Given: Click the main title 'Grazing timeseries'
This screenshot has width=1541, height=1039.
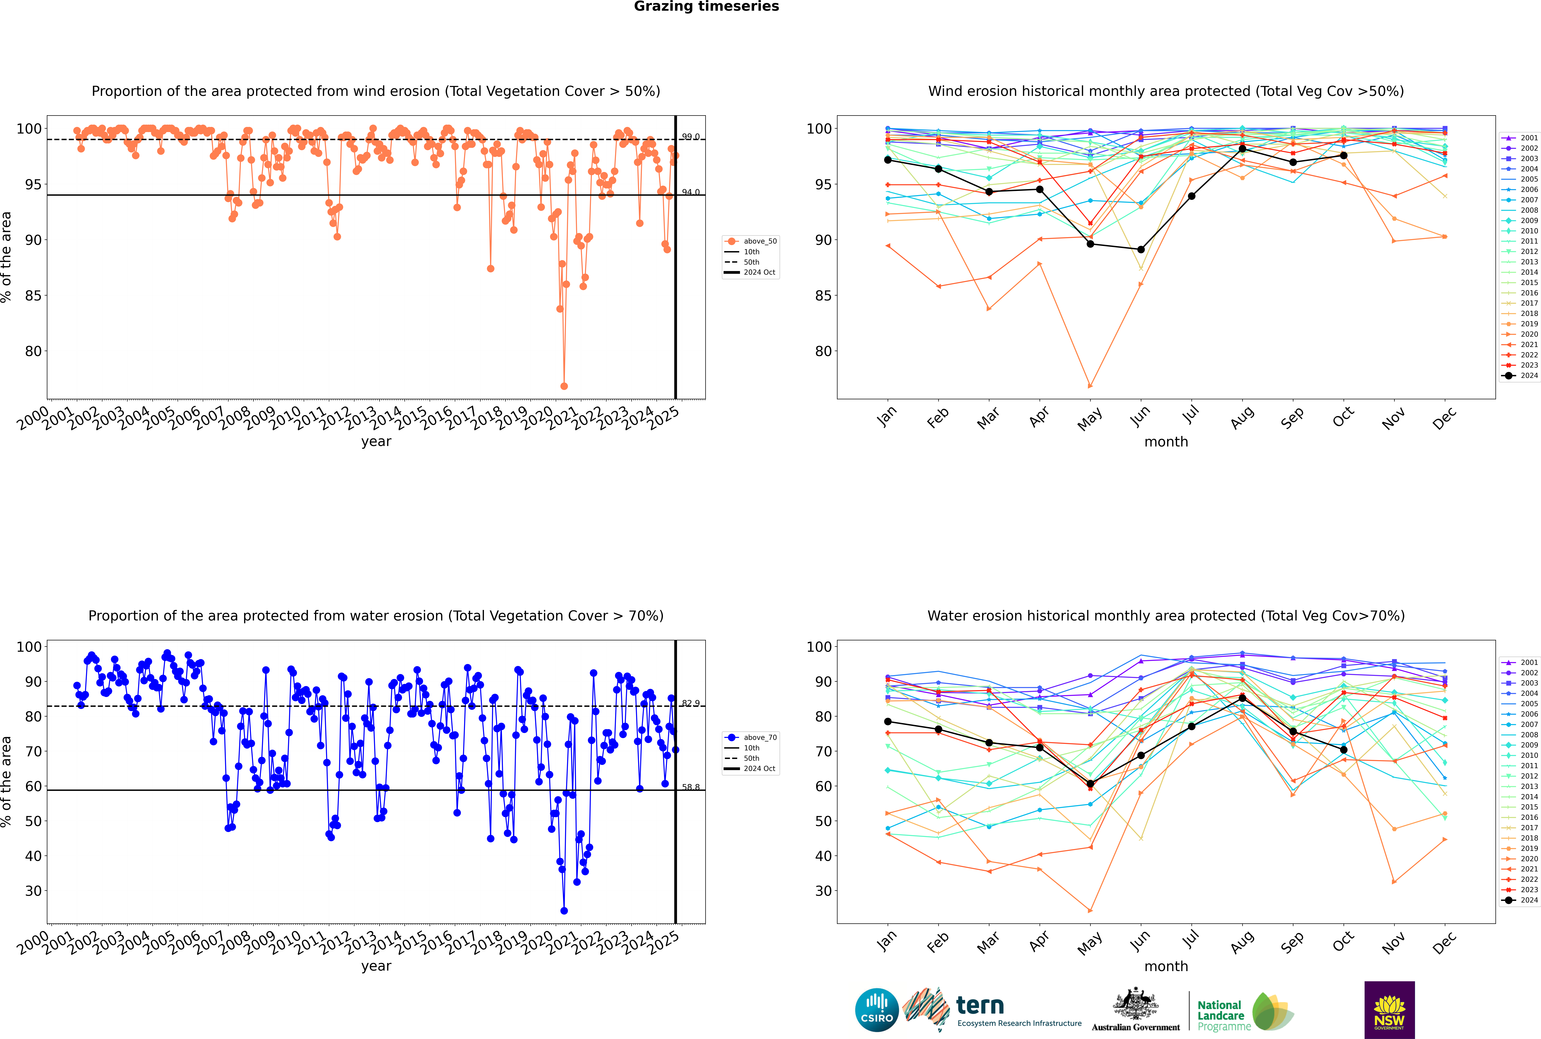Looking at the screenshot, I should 706,7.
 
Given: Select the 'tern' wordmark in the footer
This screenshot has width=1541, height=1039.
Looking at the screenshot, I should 980,1006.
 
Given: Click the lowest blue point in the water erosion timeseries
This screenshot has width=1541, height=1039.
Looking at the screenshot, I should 564,910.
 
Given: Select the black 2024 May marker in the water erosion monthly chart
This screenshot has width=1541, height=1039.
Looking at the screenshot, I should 1090,784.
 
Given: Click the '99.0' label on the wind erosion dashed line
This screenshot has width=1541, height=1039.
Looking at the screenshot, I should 690,136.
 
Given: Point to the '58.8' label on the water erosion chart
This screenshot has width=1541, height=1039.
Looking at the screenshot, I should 690,787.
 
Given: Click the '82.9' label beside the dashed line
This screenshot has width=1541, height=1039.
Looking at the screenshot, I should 690,703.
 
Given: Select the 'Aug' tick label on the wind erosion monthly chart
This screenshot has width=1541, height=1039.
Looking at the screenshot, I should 1242,417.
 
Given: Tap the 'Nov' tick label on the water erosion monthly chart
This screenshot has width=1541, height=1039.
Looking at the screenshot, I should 1393,942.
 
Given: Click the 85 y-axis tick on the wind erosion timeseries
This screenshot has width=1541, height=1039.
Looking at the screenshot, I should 33,296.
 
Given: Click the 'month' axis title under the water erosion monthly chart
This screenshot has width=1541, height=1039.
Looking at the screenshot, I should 1166,966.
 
